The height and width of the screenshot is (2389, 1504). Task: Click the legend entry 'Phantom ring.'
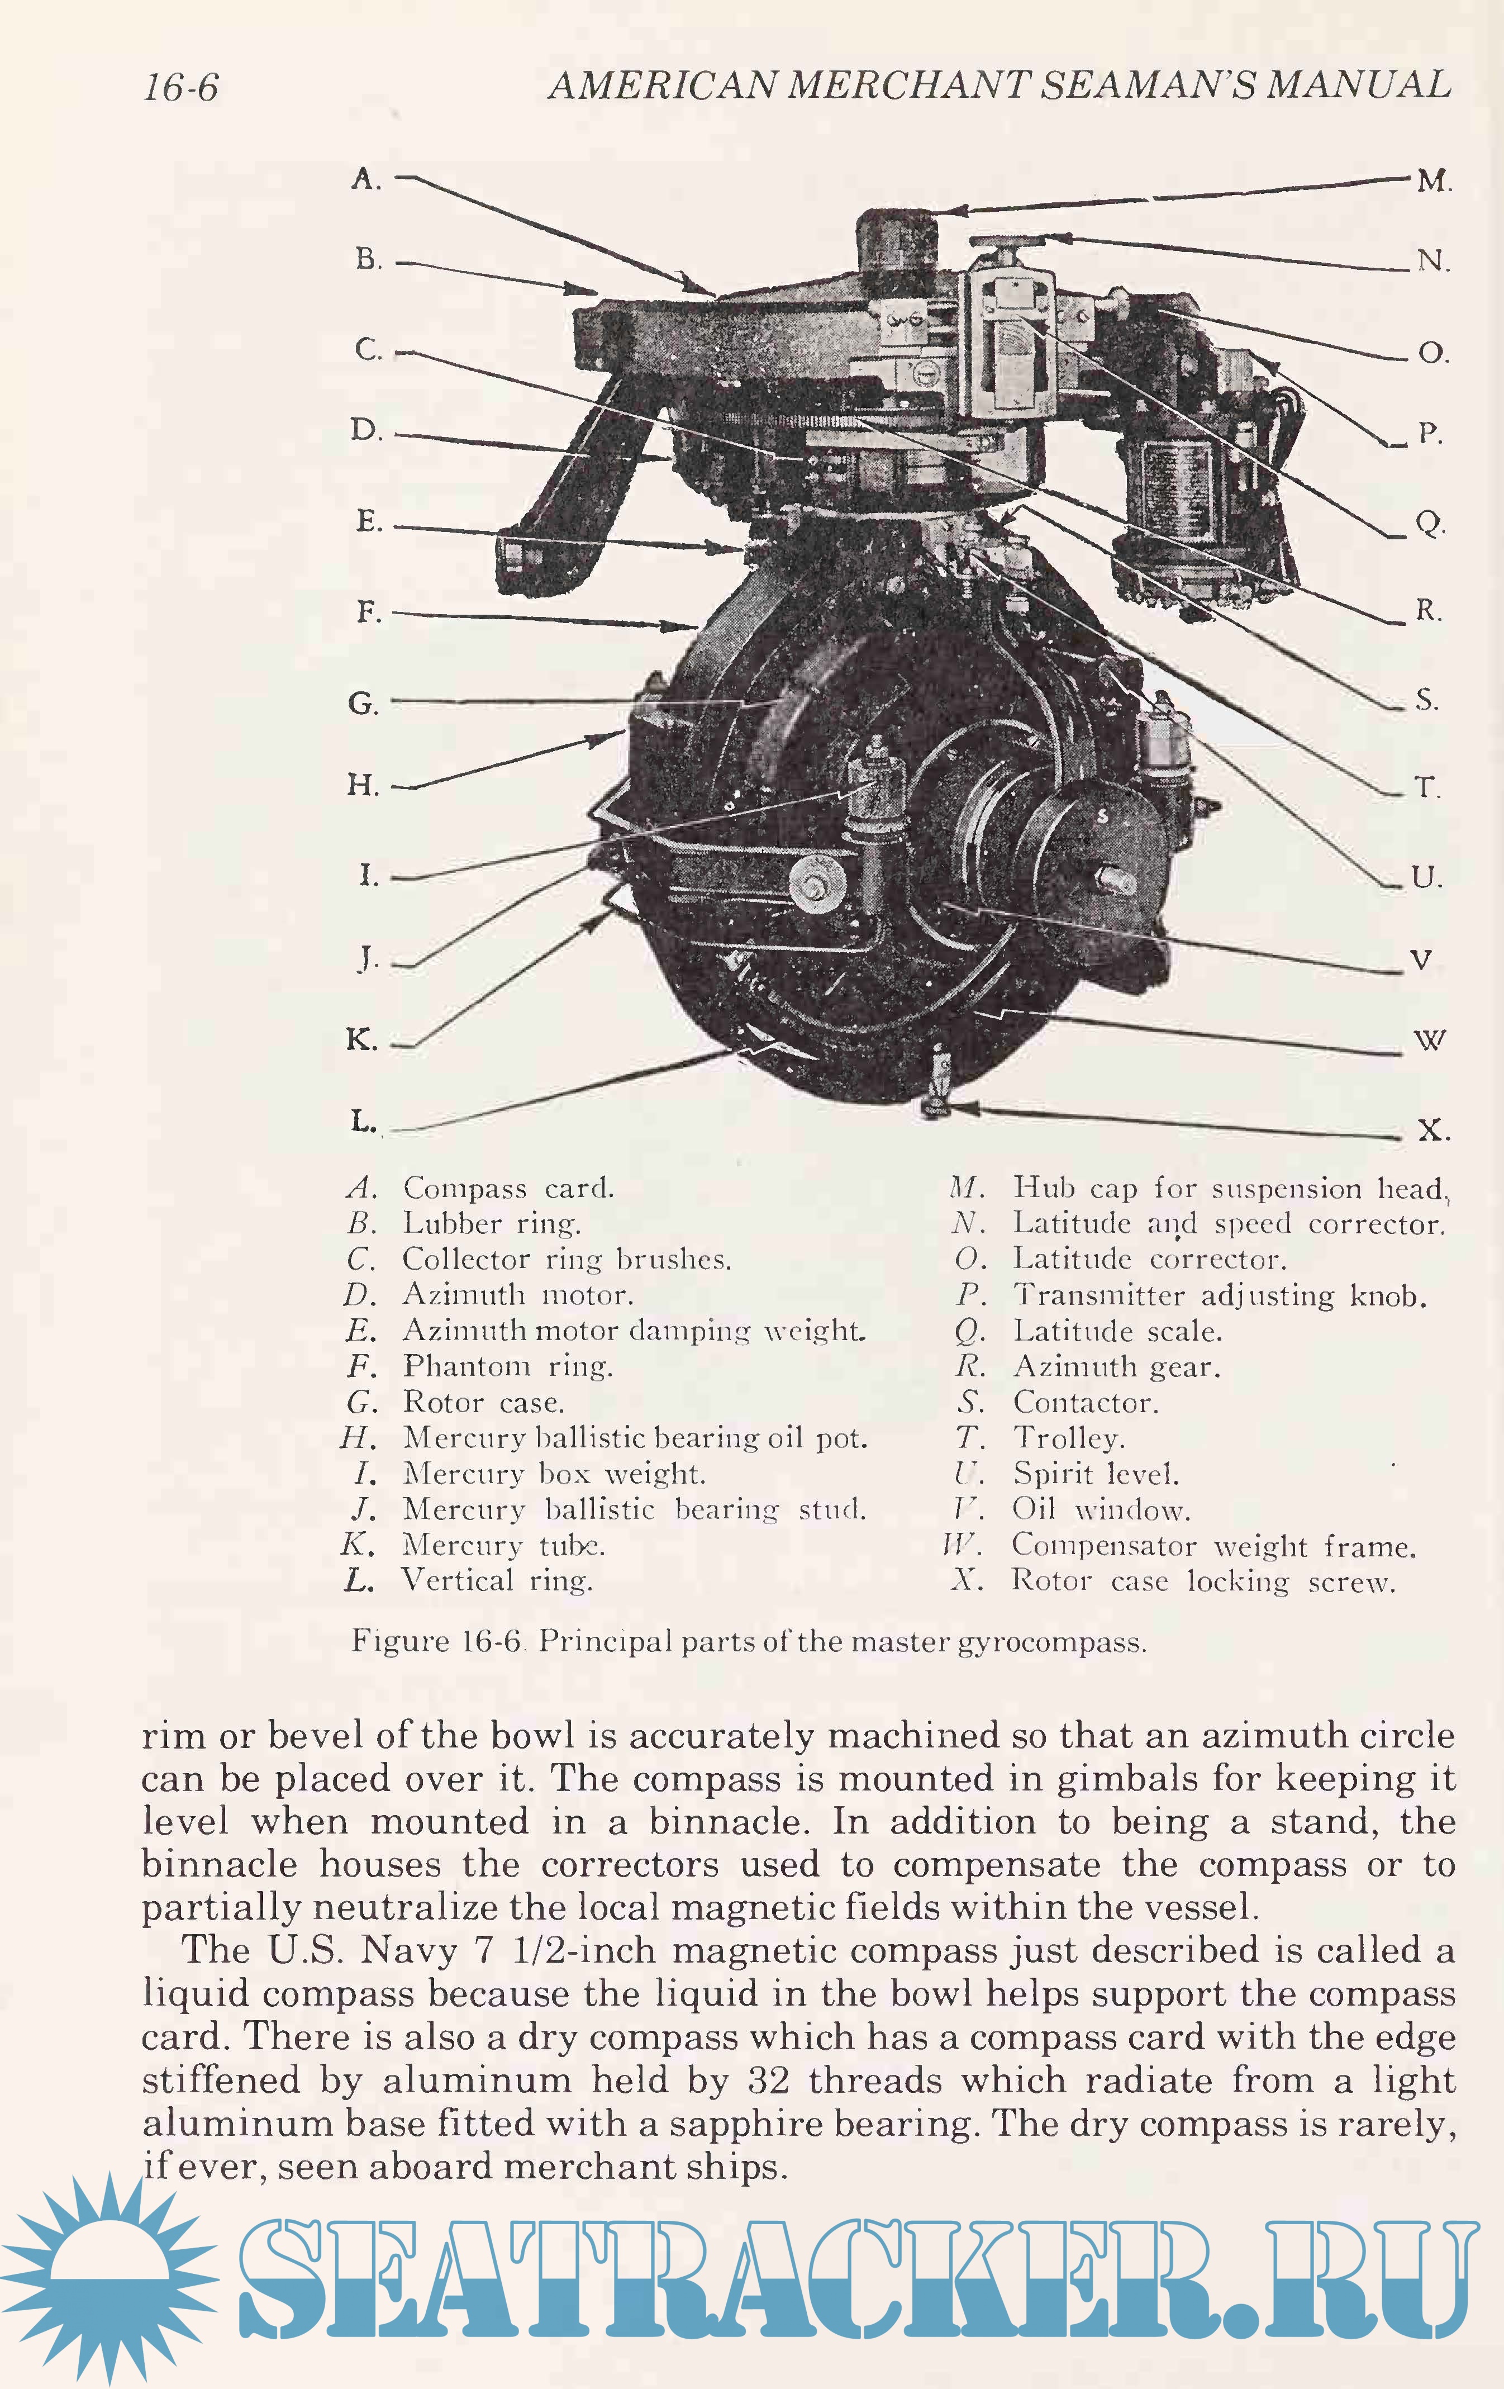point(507,1366)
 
